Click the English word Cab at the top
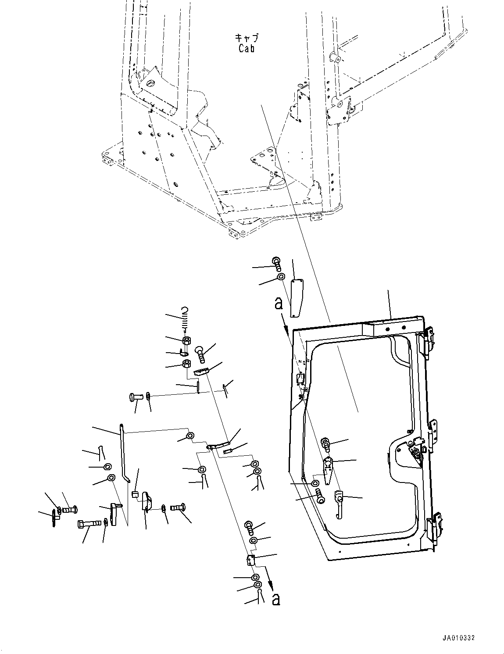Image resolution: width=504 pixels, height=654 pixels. pyautogui.click(x=247, y=48)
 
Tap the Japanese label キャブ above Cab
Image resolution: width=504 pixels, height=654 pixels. pyautogui.click(x=247, y=38)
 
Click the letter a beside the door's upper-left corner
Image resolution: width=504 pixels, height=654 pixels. pyautogui.click(x=279, y=303)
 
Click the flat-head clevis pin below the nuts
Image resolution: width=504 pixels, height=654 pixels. pyautogui.click(x=136, y=397)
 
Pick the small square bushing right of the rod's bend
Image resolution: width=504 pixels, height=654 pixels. pyautogui.click(x=136, y=495)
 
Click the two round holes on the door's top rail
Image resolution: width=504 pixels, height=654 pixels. pyautogui.click(x=395, y=327)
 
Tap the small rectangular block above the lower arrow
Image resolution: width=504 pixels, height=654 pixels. pyautogui.click(x=251, y=560)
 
